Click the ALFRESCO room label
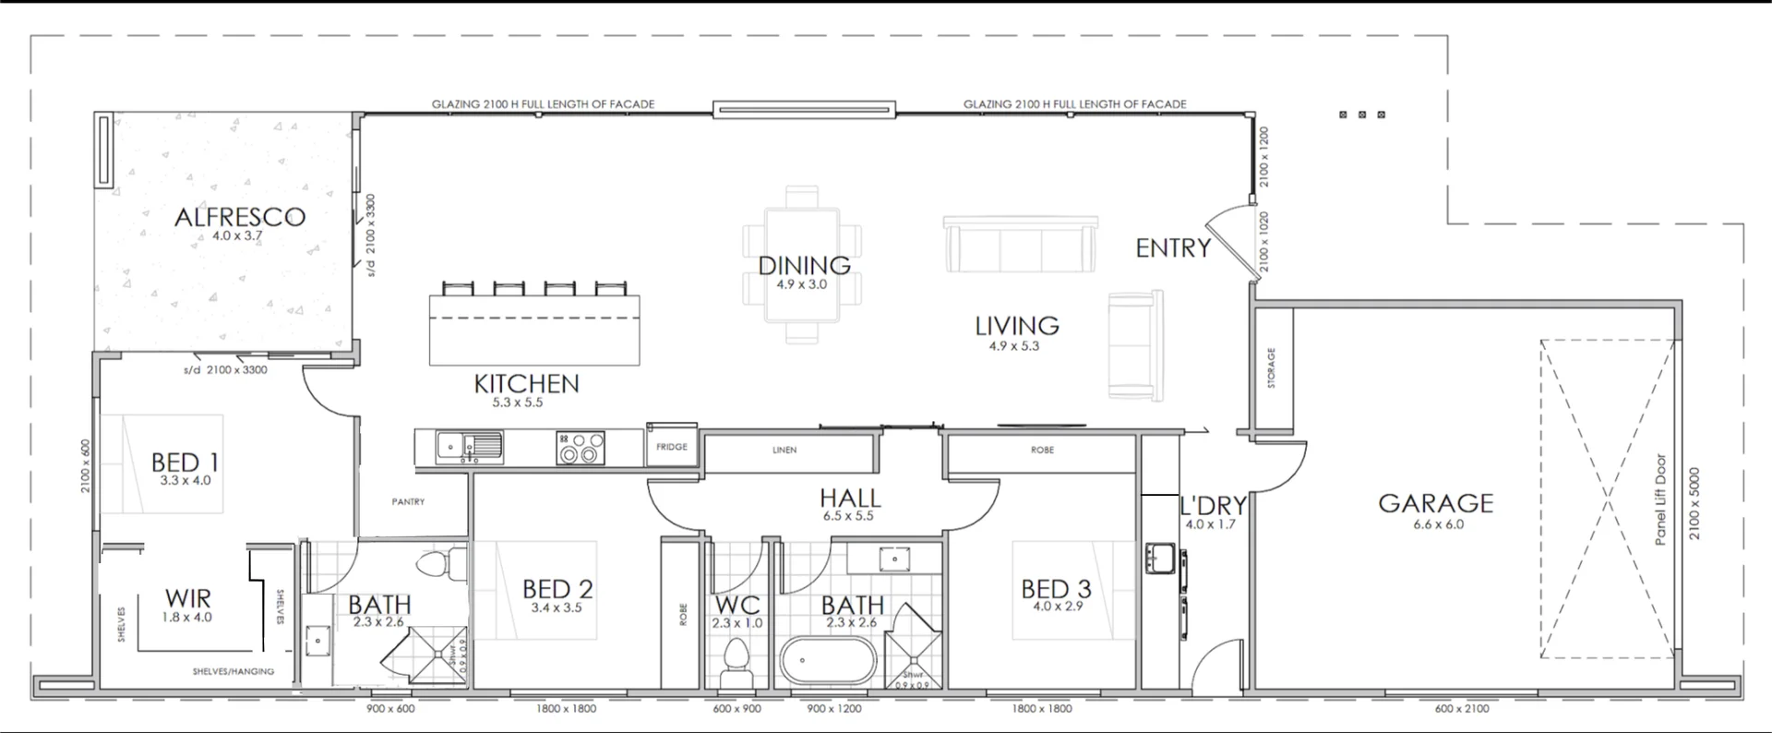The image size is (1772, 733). pyautogui.click(x=240, y=217)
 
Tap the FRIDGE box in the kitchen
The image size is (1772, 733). pyautogui.click(x=672, y=447)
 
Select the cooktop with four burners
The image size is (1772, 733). pyautogui.click(x=581, y=448)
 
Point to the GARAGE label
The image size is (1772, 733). pyautogui.click(x=1435, y=503)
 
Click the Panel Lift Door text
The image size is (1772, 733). pyautogui.click(x=1660, y=499)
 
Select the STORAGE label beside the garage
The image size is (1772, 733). pyautogui.click(x=1271, y=367)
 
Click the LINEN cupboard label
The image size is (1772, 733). pyautogui.click(x=784, y=451)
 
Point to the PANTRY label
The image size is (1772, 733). pyautogui.click(x=408, y=502)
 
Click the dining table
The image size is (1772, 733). pyautogui.click(x=802, y=265)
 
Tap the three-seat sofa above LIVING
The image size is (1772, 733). pyautogui.click(x=1020, y=245)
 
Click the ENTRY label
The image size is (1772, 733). pyautogui.click(x=1172, y=248)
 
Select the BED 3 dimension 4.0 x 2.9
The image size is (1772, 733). pyautogui.click(x=1057, y=607)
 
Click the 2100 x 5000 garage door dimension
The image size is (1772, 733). pyautogui.click(x=1694, y=503)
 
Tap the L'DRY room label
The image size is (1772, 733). pyautogui.click(x=1213, y=506)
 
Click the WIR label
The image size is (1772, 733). pyautogui.click(x=188, y=598)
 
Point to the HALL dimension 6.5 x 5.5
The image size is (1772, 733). pyautogui.click(x=848, y=516)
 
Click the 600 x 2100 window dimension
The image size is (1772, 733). pyautogui.click(x=1462, y=709)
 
